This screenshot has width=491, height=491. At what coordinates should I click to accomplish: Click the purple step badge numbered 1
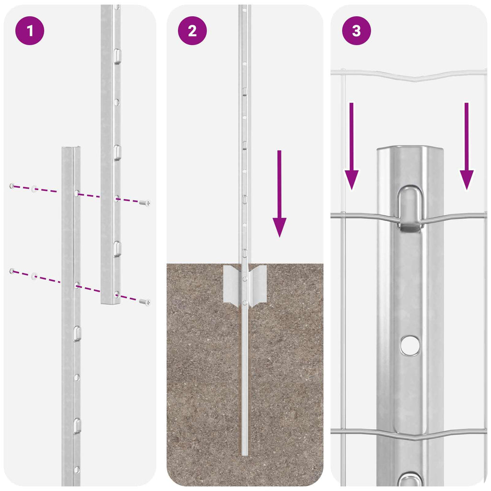30,31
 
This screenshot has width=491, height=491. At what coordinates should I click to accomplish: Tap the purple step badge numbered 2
192,31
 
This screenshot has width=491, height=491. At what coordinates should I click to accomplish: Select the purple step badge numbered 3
356,31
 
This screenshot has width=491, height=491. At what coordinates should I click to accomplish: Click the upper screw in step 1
144,203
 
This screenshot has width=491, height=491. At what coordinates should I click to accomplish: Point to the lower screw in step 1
144,302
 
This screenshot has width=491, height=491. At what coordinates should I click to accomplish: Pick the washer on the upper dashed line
34,189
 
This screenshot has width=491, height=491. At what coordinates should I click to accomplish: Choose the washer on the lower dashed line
34,276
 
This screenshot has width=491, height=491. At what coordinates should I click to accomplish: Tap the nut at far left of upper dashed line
12,186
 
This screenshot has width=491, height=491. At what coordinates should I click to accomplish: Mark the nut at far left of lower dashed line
12,271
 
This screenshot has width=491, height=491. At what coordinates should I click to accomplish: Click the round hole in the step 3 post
410,345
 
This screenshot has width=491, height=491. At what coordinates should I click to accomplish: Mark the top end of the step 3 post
410,150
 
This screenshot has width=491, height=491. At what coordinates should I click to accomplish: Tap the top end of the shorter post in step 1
71,149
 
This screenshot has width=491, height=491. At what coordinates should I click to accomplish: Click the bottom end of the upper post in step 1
110,302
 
